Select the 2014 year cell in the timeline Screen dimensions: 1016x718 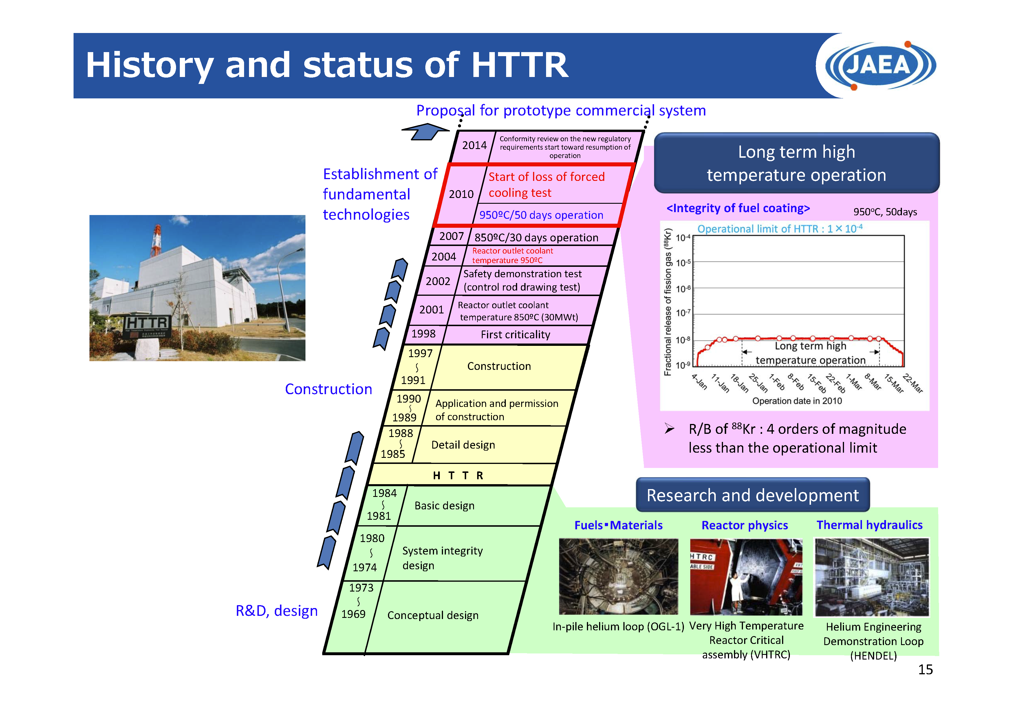(474, 146)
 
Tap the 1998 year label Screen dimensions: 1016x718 (424, 334)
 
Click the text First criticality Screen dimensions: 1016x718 (515, 335)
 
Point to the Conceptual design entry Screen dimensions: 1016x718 (433, 615)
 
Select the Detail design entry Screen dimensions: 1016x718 (463, 445)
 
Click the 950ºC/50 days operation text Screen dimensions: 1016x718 (541, 215)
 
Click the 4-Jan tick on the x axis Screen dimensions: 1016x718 (700, 382)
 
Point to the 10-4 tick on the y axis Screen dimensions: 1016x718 (683, 238)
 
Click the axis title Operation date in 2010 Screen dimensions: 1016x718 (797, 401)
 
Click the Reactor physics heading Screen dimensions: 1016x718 (745, 525)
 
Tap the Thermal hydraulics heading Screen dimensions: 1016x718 (869, 525)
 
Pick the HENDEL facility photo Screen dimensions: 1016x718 (872, 577)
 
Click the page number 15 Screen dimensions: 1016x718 (925, 669)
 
